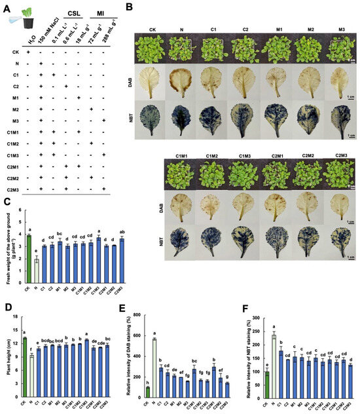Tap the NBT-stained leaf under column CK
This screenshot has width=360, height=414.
(x=151, y=121)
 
